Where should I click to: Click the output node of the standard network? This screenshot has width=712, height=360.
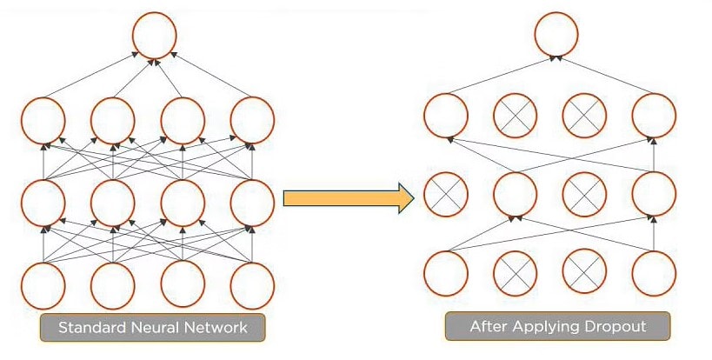point(155,34)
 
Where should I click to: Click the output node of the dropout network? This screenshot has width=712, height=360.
point(556,34)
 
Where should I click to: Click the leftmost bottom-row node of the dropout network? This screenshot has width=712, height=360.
point(445,273)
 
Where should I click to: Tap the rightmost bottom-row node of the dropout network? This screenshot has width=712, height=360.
point(654,273)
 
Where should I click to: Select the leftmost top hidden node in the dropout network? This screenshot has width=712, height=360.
point(445,115)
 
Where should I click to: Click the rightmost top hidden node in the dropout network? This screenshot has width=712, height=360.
point(654,115)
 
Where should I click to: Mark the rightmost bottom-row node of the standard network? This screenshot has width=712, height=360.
point(252,285)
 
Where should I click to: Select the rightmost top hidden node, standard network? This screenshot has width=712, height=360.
point(252,119)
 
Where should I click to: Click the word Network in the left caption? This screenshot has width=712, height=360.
point(216,328)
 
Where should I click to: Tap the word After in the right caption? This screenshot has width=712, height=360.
point(487,327)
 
